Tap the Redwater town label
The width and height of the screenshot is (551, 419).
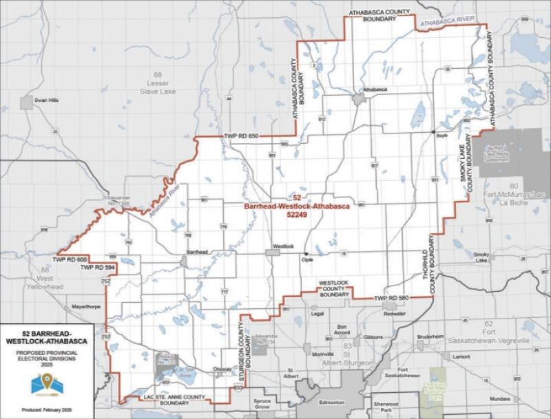pyautogui.click(x=395, y=312)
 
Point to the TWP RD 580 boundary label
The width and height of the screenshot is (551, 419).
pyautogui.click(x=392, y=298)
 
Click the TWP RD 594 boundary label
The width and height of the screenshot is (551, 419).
pyautogui.click(x=96, y=267)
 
